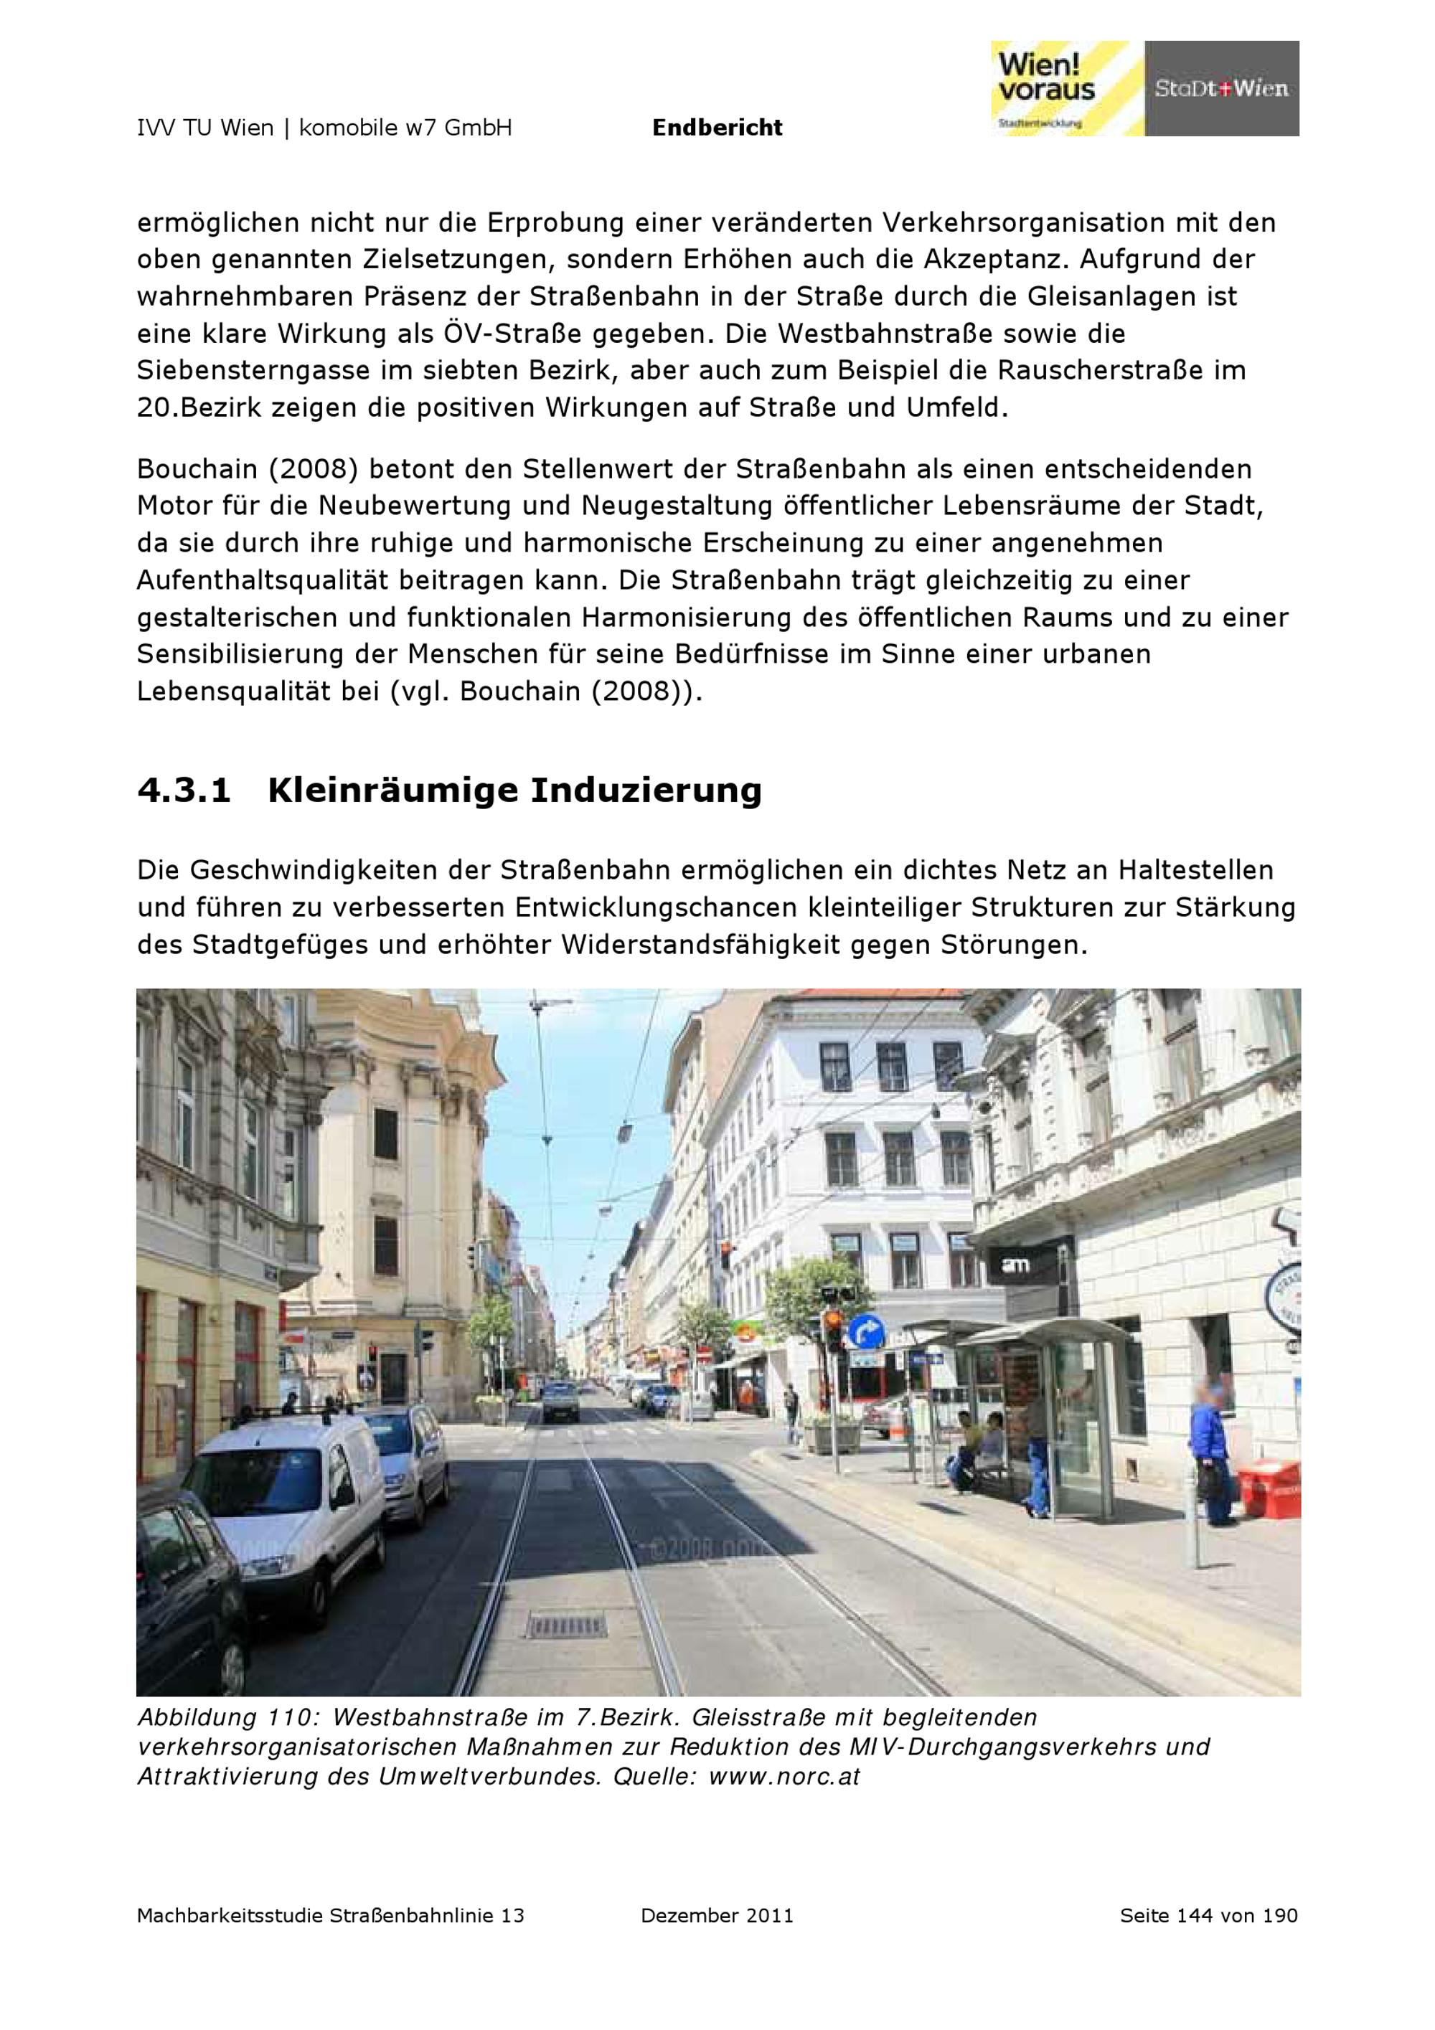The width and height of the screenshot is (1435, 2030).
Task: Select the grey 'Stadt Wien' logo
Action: pyautogui.click(x=1221, y=88)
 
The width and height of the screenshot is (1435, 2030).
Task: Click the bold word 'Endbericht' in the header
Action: pyautogui.click(x=717, y=128)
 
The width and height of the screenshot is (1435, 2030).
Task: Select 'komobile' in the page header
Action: pyautogui.click(x=349, y=128)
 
